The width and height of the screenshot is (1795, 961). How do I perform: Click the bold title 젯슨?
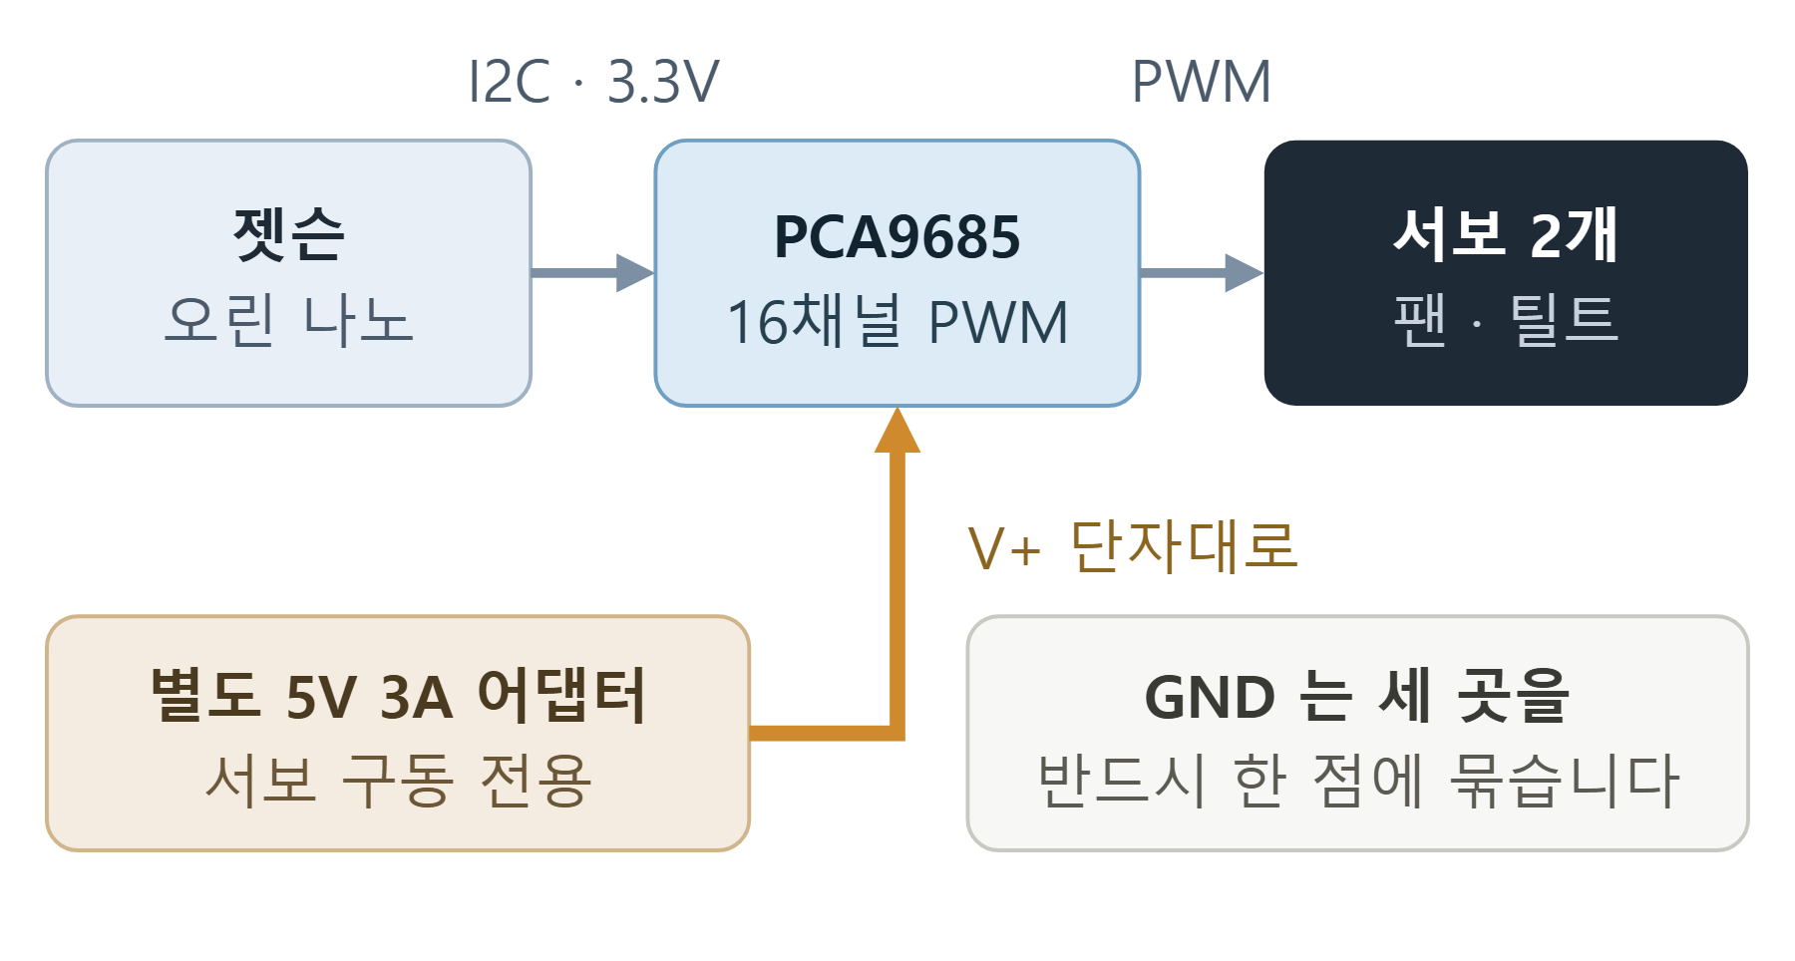point(288,235)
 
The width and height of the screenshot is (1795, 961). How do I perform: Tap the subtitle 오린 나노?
point(288,320)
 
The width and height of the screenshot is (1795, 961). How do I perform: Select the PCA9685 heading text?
point(897,237)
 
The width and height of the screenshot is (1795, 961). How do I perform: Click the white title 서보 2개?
point(1506,235)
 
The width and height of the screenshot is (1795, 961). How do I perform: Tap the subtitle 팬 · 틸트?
point(1506,320)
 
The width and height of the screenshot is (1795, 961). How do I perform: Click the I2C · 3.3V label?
point(593,82)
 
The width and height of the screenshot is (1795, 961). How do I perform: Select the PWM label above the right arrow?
point(1202,82)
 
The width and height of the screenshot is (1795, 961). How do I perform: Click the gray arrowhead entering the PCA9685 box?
point(635,272)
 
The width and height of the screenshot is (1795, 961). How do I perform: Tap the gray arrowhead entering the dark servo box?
point(1244,272)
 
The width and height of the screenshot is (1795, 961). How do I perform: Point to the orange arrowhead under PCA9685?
point(897,430)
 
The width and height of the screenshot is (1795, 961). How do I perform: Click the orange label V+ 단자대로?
point(1133,547)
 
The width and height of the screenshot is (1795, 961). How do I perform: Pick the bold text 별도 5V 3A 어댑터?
point(398,695)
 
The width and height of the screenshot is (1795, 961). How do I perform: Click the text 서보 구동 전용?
point(398,780)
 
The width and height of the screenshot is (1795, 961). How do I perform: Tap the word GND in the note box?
point(1210,697)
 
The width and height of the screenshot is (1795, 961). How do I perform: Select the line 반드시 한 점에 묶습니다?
point(1358,780)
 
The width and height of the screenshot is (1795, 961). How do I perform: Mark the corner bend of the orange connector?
point(897,734)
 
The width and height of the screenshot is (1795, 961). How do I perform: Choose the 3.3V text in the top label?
point(663,82)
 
